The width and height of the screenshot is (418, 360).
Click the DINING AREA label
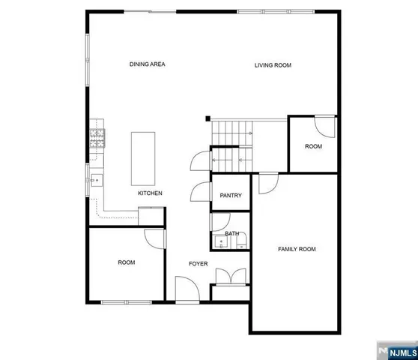(147, 64)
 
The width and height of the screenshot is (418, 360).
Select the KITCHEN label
(150, 193)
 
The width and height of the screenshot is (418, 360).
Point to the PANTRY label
(231, 196)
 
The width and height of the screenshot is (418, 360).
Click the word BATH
(232, 234)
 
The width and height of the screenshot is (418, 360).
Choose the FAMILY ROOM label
(297, 249)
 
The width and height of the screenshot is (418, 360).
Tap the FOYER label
(198, 263)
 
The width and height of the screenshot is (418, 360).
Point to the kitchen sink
(97, 181)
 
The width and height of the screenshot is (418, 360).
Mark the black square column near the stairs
(210, 118)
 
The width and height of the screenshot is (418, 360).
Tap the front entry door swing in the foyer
(185, 288)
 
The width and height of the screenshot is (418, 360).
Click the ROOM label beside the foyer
(126, 262)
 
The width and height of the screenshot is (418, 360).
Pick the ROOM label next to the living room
(313, 146)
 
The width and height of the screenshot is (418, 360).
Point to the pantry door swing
(202, 192)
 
